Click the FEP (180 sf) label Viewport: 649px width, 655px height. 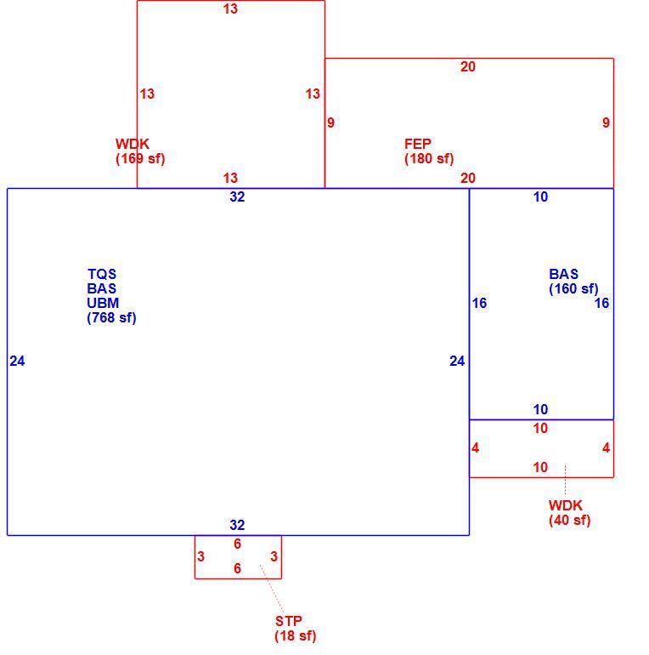point(429,151)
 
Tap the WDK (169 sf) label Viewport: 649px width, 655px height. point(140,151)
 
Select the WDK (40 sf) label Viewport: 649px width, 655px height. point(569,513)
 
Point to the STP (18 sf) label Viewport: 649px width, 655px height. point(296,629)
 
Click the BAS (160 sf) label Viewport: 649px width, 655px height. point(573,281)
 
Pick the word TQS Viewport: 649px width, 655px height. point(102,274)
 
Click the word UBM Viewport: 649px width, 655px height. point(103,303)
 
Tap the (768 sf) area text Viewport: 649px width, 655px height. point(112,317)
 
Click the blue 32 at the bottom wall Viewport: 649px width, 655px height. point(237,525)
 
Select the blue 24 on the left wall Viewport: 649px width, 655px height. point(17,361)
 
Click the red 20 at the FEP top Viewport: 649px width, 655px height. point(468,66)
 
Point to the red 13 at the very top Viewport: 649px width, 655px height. point(230,9)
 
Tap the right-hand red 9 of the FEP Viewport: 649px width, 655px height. point(606,122)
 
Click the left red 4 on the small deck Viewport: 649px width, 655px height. point(475,447)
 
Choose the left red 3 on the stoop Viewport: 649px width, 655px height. point(201,556)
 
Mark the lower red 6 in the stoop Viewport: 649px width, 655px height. point(237,568)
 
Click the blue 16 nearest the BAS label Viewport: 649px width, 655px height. point(602,303)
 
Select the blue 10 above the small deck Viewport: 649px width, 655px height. point(540,409)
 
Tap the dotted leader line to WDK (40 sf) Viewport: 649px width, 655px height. point(565,481)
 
